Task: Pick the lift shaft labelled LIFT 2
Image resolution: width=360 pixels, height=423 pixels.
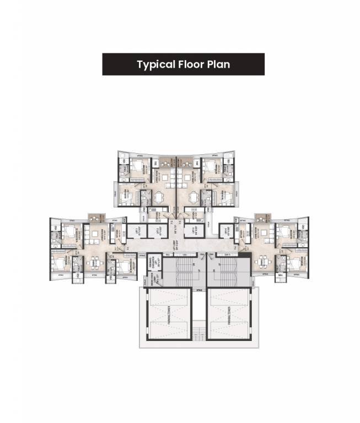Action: (x=158, y=231)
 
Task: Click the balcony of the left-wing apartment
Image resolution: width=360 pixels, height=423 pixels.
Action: (x=94, y=216)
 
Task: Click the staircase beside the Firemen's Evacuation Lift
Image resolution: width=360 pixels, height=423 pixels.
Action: (x=179, y=272)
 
